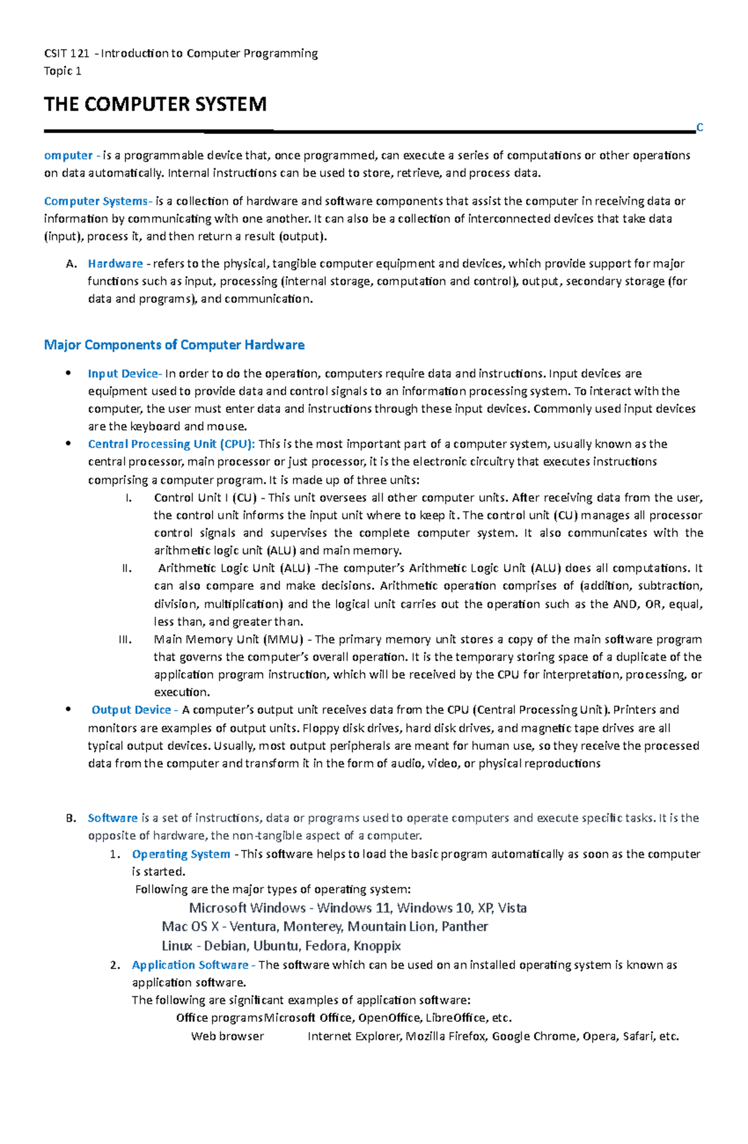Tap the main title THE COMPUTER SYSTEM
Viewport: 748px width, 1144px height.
point(155,104)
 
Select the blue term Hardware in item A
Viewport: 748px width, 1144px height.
point(115,264)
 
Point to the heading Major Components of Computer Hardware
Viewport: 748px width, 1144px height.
point(174,345)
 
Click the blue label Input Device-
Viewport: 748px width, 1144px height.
point(125,373)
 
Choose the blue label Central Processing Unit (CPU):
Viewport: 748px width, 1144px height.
point(171,444)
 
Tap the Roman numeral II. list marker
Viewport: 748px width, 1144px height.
point(127,568)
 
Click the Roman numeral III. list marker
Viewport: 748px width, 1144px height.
point(125,639)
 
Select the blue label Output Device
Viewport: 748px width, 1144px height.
point(132,709)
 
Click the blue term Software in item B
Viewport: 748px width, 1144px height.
point(113,818)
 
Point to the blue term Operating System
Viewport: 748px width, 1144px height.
point(181,854)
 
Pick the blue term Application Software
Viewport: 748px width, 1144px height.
point(190,965)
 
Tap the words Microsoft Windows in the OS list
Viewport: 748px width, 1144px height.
point(247,908)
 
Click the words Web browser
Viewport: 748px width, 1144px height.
point(228,1036)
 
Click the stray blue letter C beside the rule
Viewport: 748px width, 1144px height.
point(699,128)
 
